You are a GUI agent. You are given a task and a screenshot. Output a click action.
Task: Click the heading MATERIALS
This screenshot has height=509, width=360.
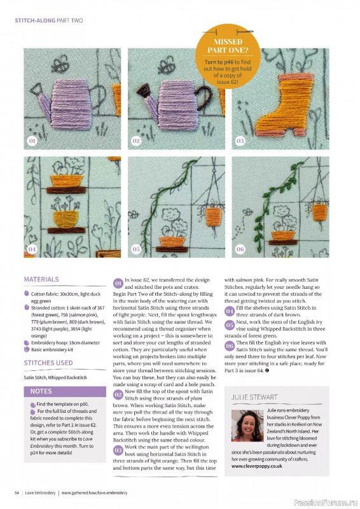click(x=41, y=279)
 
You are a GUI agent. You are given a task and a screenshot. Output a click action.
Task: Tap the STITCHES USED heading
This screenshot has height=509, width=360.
click(x=48, y=363)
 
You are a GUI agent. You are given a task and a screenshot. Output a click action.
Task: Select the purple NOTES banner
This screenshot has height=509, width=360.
click(x=65, y=391)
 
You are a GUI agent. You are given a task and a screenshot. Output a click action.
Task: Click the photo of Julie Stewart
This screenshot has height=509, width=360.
click(x=247, y=425)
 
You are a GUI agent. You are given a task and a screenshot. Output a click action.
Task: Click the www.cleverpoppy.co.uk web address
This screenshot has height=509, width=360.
click(x=257, y=466)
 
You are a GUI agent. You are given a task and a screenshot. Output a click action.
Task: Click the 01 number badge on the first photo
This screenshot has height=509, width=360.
click(x=32, y=141)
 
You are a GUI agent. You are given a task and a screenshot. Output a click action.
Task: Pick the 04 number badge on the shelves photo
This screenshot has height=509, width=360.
click(x=32, y=249)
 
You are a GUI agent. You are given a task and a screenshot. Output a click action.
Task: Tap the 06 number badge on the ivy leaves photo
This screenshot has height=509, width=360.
click(x=240, y=249)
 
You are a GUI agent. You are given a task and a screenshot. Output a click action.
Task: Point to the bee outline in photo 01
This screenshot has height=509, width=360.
click(x=60, y=65)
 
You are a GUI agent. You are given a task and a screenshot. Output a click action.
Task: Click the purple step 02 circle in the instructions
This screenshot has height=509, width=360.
click(x=118, y=394)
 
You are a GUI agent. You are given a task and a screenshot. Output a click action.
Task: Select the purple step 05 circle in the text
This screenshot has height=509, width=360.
click(x=230, y=325)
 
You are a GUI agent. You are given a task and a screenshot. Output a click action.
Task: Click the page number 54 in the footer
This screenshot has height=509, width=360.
click(x=17, y=492)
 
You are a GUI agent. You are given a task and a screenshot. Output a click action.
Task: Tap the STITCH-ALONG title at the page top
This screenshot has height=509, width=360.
click(x=35, y=20)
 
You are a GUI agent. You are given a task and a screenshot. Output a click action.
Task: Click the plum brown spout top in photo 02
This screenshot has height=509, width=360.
click(x=143, y=90)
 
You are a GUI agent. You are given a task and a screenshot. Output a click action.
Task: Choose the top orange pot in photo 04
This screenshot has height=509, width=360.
click(x=66, y=181)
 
